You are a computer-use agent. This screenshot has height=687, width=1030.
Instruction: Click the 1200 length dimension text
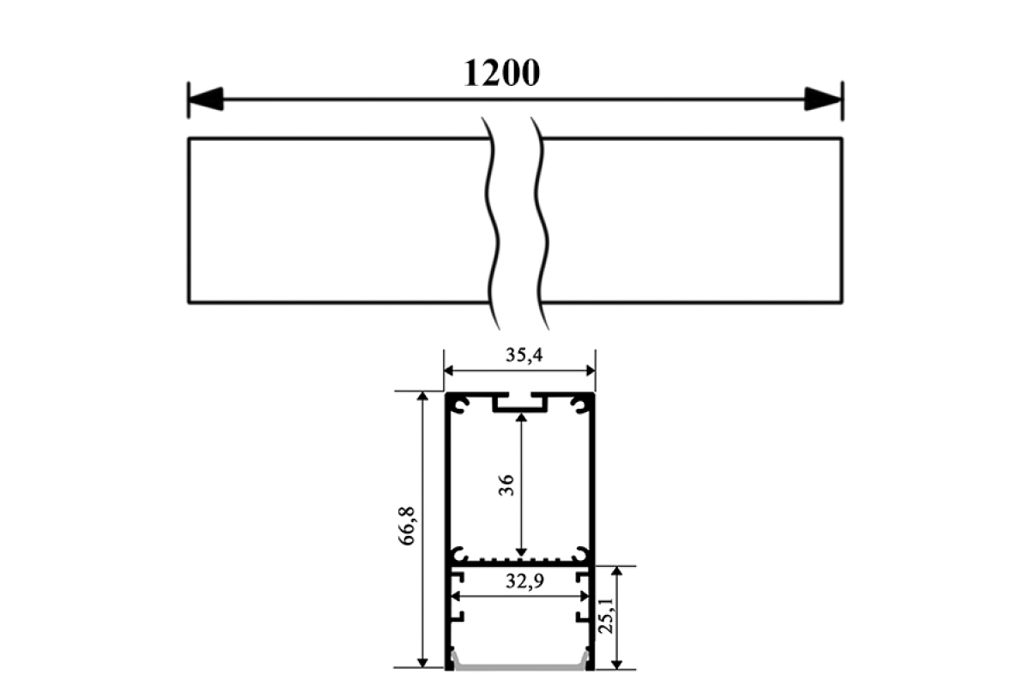coord(501,73)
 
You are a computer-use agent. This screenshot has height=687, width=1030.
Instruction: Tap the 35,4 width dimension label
coord(524,355)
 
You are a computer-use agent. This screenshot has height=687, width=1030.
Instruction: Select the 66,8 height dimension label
coord(408,526)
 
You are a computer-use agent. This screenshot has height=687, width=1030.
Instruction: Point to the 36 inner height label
coord(506,485)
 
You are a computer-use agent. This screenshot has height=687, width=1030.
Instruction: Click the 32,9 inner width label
coord(524,581)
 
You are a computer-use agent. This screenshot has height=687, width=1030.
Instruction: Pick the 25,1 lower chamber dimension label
coord(606,616)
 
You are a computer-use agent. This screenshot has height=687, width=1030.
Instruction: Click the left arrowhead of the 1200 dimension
coord(205,99)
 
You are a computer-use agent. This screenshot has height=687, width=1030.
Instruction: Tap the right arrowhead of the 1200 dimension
coord(823,99)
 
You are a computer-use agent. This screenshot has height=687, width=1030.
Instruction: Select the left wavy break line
coord(492,223)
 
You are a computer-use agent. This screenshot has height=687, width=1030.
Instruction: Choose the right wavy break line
coord(541,223)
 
